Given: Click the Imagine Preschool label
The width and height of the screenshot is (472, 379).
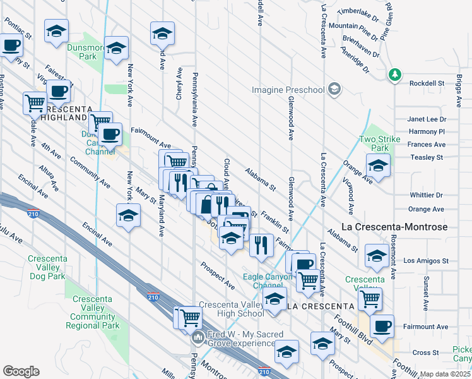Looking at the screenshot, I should click(x=288, y=90).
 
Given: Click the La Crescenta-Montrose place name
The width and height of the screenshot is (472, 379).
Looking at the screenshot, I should click(x=394, y=227).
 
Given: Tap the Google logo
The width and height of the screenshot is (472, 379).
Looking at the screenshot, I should click(x=21, y=371).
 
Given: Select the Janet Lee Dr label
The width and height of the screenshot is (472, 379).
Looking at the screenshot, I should click(x=427, y=119).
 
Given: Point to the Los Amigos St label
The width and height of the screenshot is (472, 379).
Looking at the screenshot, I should click(x=425, y=260).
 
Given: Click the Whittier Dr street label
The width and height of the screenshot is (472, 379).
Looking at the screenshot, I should click(x=427, y=195).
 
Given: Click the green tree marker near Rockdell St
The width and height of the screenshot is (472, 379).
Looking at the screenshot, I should click(x=396, y=75).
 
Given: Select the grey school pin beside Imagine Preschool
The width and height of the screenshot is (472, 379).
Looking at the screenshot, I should click(x=334, y=90).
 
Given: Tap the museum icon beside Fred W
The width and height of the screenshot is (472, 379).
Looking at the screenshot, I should click(x=199, y=337).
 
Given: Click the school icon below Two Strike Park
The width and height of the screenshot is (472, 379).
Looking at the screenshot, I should click(x=378, y=166).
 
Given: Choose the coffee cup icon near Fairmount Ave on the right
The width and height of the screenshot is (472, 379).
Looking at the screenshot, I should click(x=382, y=327).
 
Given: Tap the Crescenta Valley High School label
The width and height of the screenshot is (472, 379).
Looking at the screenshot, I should click(x=231, y=309).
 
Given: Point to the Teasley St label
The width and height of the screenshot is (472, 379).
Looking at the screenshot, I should click(x=427, y=157).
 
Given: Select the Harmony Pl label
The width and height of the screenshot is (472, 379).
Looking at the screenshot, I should click(x=427, y=131).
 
